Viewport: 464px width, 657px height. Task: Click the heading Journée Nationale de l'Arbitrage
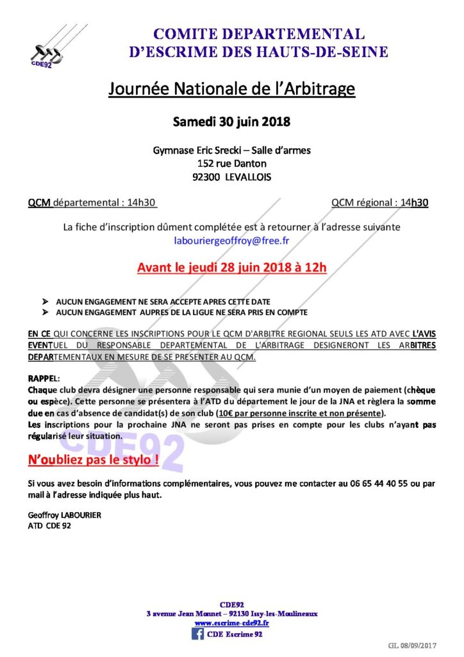(x=231, y=89)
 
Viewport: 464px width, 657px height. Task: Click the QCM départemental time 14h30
(x=141, y=203)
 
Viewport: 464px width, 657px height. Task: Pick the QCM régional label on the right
(x=361, y=203)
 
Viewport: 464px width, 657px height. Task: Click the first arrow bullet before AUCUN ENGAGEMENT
(x=44, y=301)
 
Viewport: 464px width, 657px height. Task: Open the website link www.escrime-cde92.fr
(x=231, y=623)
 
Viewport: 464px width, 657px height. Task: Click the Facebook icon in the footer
(x=198, y=635)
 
